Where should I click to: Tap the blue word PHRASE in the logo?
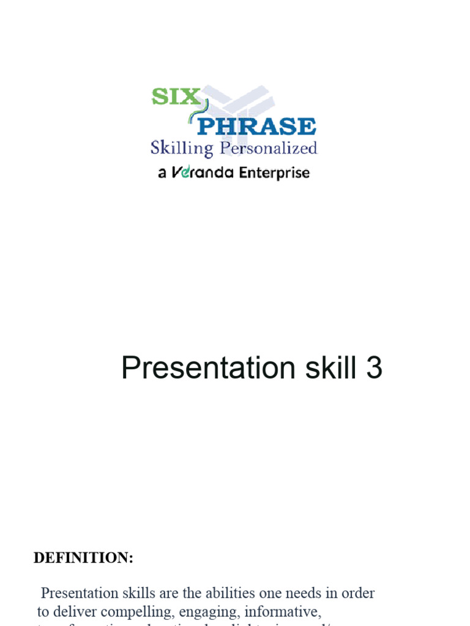click(257, 127)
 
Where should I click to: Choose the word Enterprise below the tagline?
click(274, 173)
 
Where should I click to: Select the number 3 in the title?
click(374, 369)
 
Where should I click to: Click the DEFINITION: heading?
click(83, 558)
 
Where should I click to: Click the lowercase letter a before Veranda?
click(162, 174)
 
